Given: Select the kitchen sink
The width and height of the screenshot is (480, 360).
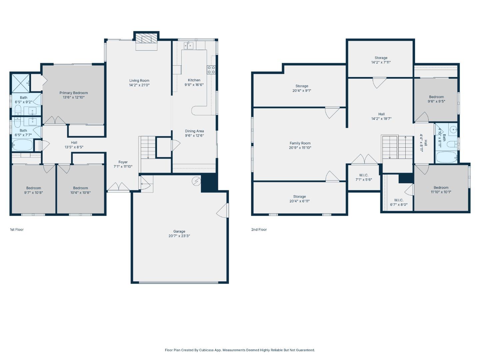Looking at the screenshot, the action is pyautogui.click(x=189, y=46).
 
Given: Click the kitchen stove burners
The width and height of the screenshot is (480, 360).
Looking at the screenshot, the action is pyautogui.click(x=211, y=70).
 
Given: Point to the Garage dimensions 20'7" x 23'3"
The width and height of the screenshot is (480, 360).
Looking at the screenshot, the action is pyautogui.click(x=179, y=236).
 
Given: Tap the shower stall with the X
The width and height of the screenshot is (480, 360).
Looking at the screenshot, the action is pyautogui.click(x=20, y=83).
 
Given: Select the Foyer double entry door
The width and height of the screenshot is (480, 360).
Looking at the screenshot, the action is pyautogui.click(x=119, y=186).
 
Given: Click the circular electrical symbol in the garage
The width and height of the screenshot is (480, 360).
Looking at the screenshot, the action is pyautogui.click(x=196, y=181).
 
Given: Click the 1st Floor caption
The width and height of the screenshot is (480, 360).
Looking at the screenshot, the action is pyautogui.click(x=17, y=230).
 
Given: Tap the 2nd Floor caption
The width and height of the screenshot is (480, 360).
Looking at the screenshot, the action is pyautogui.click(x=259, y=230).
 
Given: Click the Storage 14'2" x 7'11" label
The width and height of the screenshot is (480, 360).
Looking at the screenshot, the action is pyautogui.click(x=381, y=60).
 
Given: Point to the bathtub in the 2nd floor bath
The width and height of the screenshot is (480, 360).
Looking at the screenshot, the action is pyautogui.click(x=446, y=157).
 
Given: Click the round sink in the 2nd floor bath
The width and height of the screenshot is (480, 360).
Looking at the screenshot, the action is pyautogui.click(x=453, y=130).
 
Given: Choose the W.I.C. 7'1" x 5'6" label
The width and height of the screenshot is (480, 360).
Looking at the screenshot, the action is pyautogui.click(x=364, y=177).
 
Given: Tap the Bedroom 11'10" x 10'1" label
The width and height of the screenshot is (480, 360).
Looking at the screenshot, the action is pyautogui.click(x=441, y=190).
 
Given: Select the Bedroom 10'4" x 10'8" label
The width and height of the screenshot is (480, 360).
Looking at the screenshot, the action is pyautogui.click(x=80, y=190).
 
